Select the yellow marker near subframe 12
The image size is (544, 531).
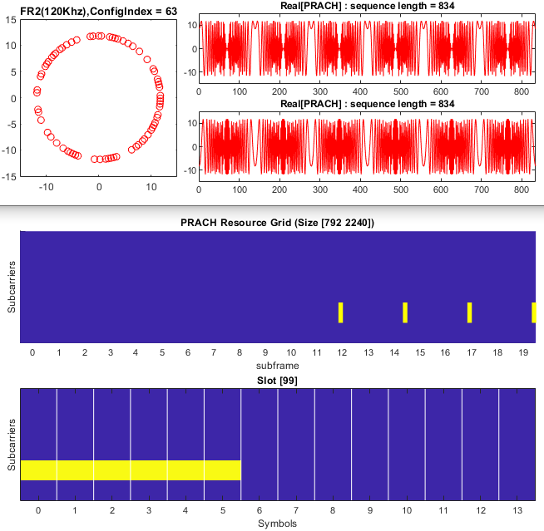(x=341, y=312)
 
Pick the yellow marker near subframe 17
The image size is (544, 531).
(x=470, y=312)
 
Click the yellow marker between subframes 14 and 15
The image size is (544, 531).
(x=405, y=312)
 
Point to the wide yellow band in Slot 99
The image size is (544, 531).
(x=131, y=470)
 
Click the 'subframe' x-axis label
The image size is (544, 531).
(x=279, y=365)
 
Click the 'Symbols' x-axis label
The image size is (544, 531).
(x=279, y=523)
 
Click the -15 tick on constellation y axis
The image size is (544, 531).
(x=8, y=177)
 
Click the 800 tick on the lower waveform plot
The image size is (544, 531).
(x=521, y=188)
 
